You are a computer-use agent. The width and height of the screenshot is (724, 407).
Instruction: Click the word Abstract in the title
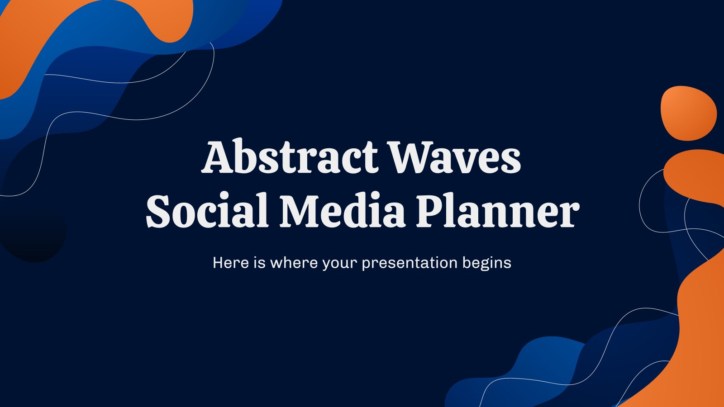(290, 156)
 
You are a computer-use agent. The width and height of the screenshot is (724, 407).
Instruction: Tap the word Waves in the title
(455, 157)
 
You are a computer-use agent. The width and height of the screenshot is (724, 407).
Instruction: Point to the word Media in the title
(343, 210)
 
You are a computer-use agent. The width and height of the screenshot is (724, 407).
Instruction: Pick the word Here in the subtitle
(231, 263)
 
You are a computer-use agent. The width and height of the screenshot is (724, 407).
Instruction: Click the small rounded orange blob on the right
(688, 113)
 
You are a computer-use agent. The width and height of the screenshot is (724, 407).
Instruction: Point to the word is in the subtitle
(260, 262)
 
